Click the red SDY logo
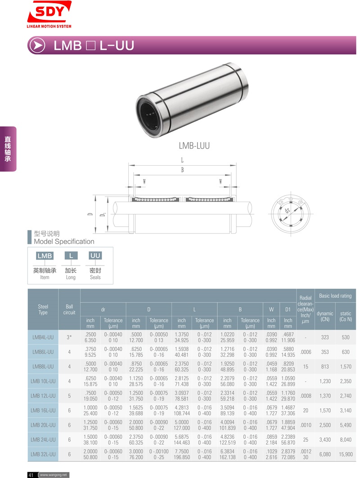[49, 14]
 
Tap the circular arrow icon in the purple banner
[37, 45]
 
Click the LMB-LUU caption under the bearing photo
[194, 146]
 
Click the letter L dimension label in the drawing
[182, 160]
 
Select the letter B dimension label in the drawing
[182, 170]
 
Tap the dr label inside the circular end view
[287, 210]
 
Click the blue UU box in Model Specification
[95, 256]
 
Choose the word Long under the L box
[71, 277]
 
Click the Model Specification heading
[64, 241]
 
